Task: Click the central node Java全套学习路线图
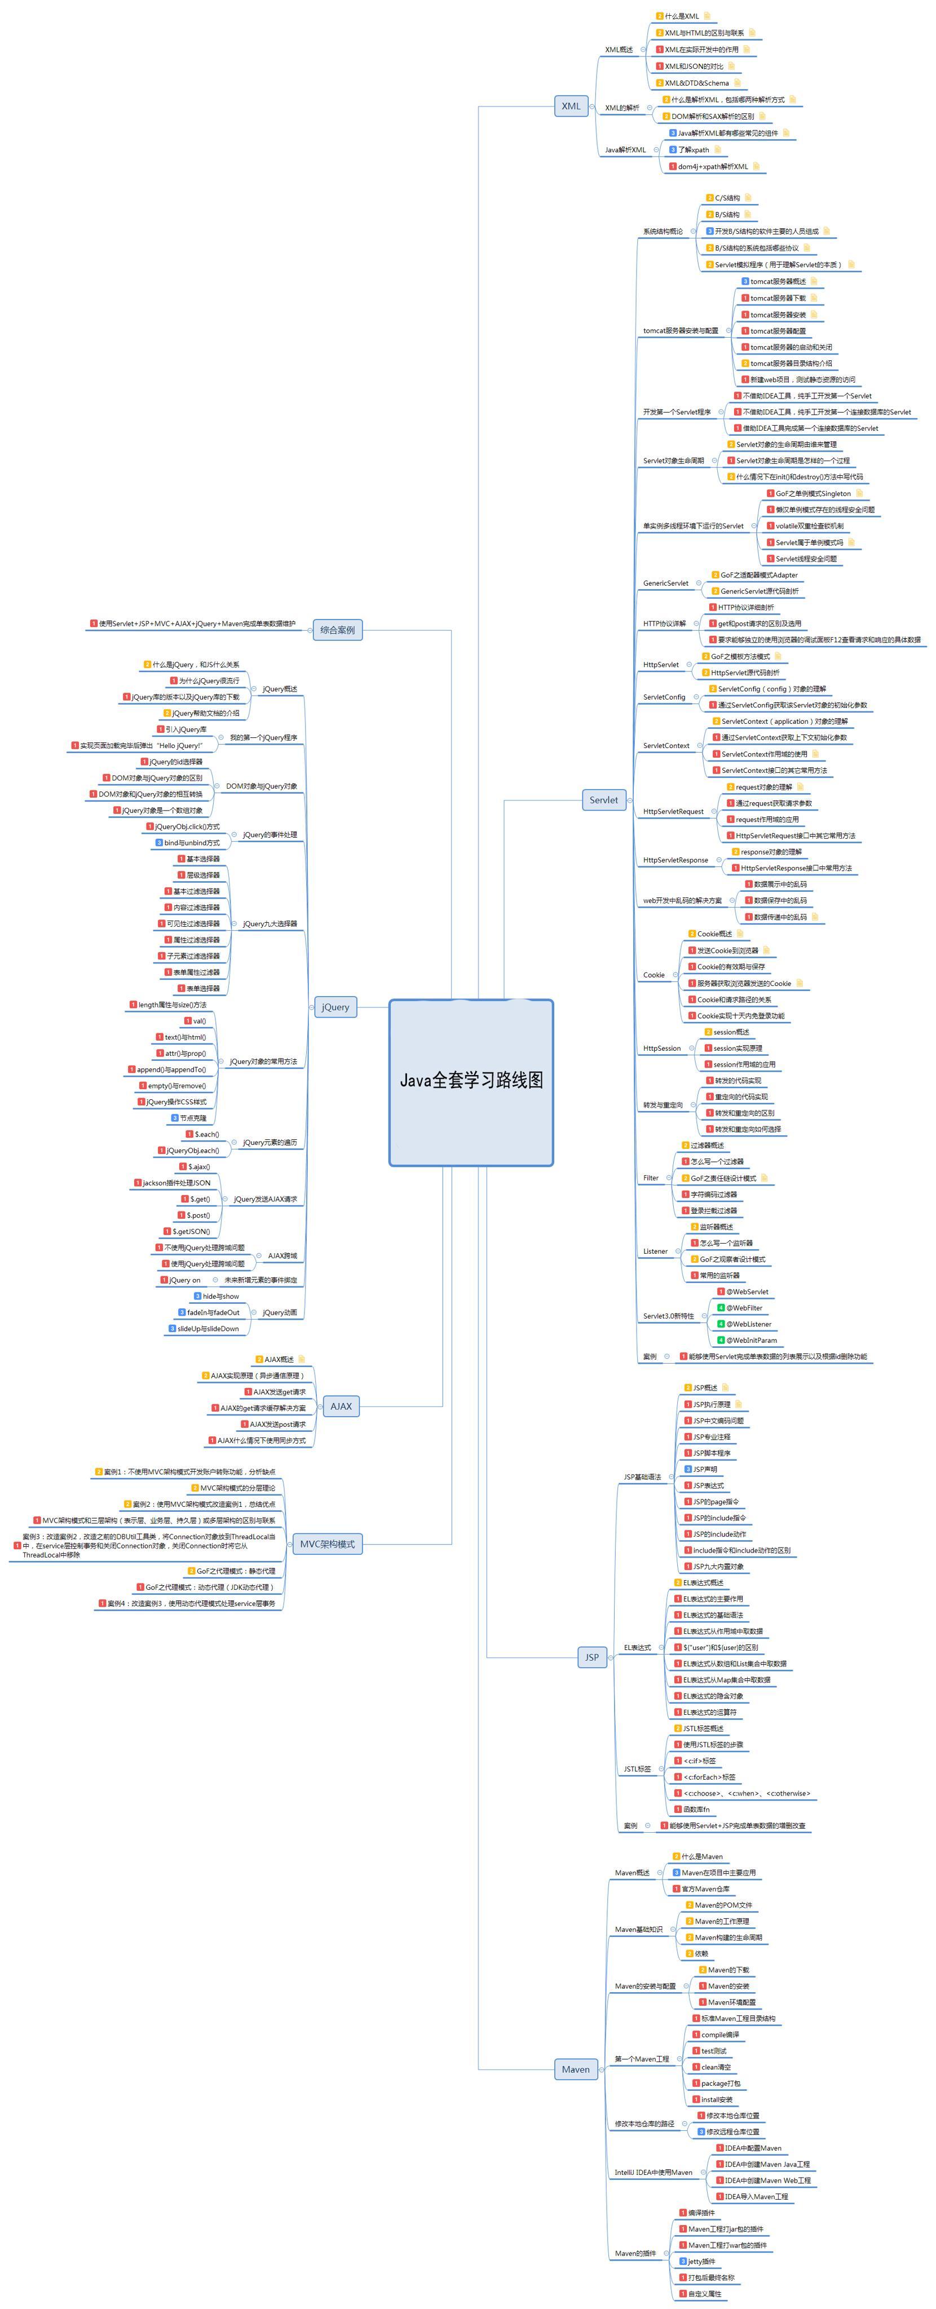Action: click(x=471, y=1081)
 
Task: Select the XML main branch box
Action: click(x=571, y=106)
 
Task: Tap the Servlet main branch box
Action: click(x=603, y=799)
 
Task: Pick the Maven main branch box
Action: click(x=576, y=2069)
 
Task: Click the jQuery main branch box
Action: click(x=335, y=1007)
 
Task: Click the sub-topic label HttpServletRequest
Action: click(x=673, y=811)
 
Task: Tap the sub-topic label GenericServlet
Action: click(x=665, y=583)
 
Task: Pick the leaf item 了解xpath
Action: click(x=693, y=150)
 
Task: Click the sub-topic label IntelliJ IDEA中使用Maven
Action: click(x=654, y=2173)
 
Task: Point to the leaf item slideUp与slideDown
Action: click(x=208, y=1328)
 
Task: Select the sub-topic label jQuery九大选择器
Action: click(x=270, y=924)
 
